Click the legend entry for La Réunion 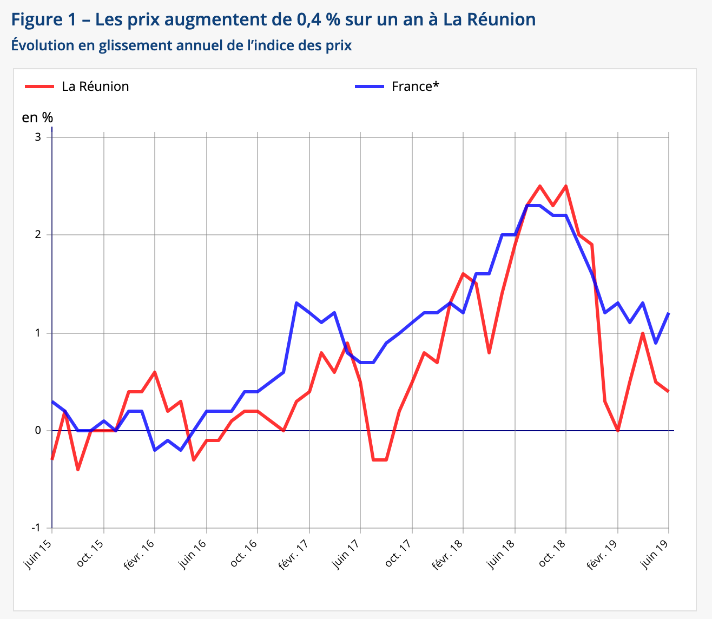(95, 87)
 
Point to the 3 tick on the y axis (38, 137)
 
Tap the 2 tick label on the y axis (38, 235)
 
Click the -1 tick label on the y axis (36, 528)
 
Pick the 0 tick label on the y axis (38, 431)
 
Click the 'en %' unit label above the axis (37, 117)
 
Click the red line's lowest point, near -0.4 (78, 470)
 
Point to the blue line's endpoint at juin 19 (669, 313)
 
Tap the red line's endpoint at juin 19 (669, 391)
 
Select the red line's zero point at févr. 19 (617, 431)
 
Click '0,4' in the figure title (309, 20)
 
